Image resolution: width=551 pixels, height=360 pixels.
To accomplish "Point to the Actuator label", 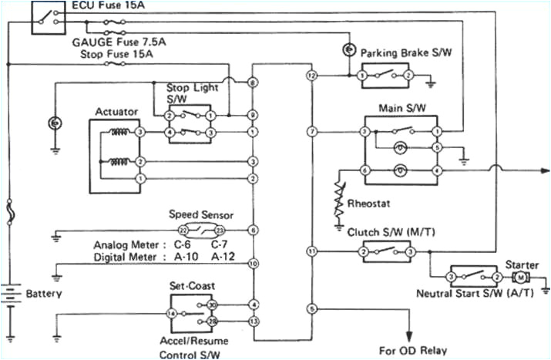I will click(x=116, y=112).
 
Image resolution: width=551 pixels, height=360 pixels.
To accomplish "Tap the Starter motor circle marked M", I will click(x=519, y=276).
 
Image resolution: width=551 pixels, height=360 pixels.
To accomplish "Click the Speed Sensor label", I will click(x=200, y=216).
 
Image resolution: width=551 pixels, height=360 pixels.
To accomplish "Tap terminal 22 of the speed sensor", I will click(x=183, y=230).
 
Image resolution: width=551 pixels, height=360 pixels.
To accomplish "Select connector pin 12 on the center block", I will click(x=311, y=76).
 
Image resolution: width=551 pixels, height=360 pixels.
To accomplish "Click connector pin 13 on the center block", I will click(x=253, y=320).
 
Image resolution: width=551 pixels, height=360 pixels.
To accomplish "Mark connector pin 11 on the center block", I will click(x=311, y=251).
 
